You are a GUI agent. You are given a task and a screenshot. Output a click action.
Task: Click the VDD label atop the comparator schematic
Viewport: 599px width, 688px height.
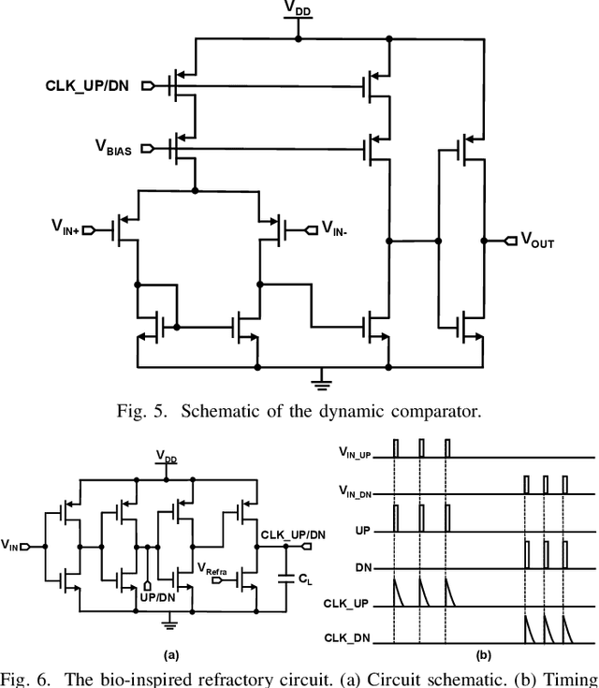(297, 9)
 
